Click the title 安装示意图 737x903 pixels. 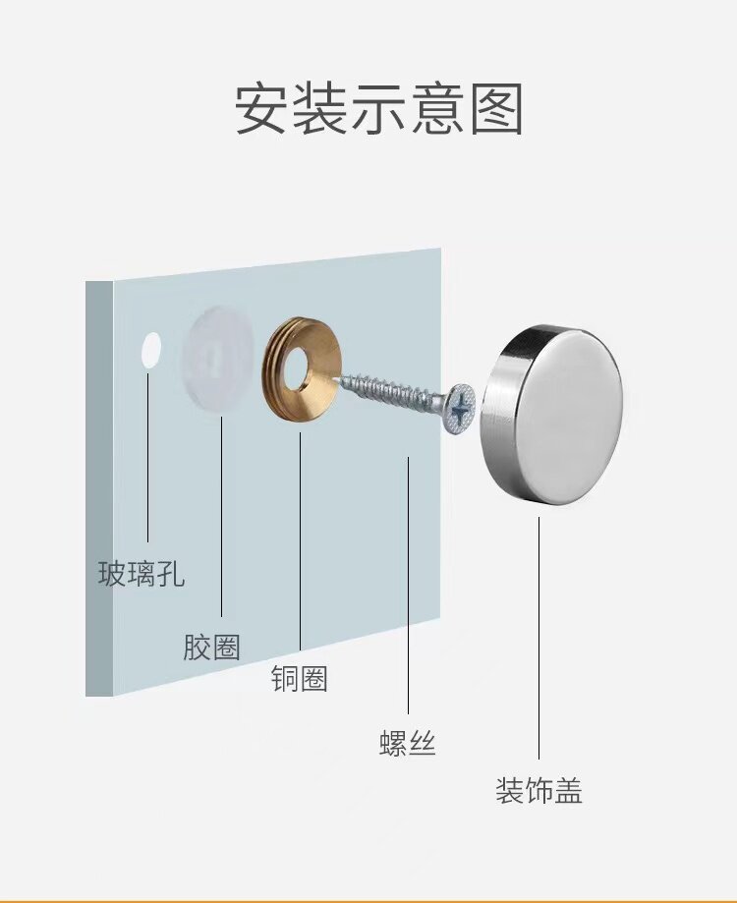pyautogui.click(x=378, y=109)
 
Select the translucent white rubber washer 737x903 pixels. pyautogui.click(x=218, y=358)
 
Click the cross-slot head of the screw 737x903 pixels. pyautogui.click(x=459, y=408)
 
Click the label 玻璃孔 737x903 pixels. pyautogui.click(x=142, y=574)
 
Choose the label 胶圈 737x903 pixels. pyautogui.click(x=211, y=647)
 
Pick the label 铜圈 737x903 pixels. pyautogui.click(x=300, y=678)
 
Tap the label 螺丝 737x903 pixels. pyautogui.click(x=408, y=744)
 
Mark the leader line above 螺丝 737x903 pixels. pyautogui.click(x=408, y=590)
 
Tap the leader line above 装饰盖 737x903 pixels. pyautogui.click(x=539, y=639)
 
